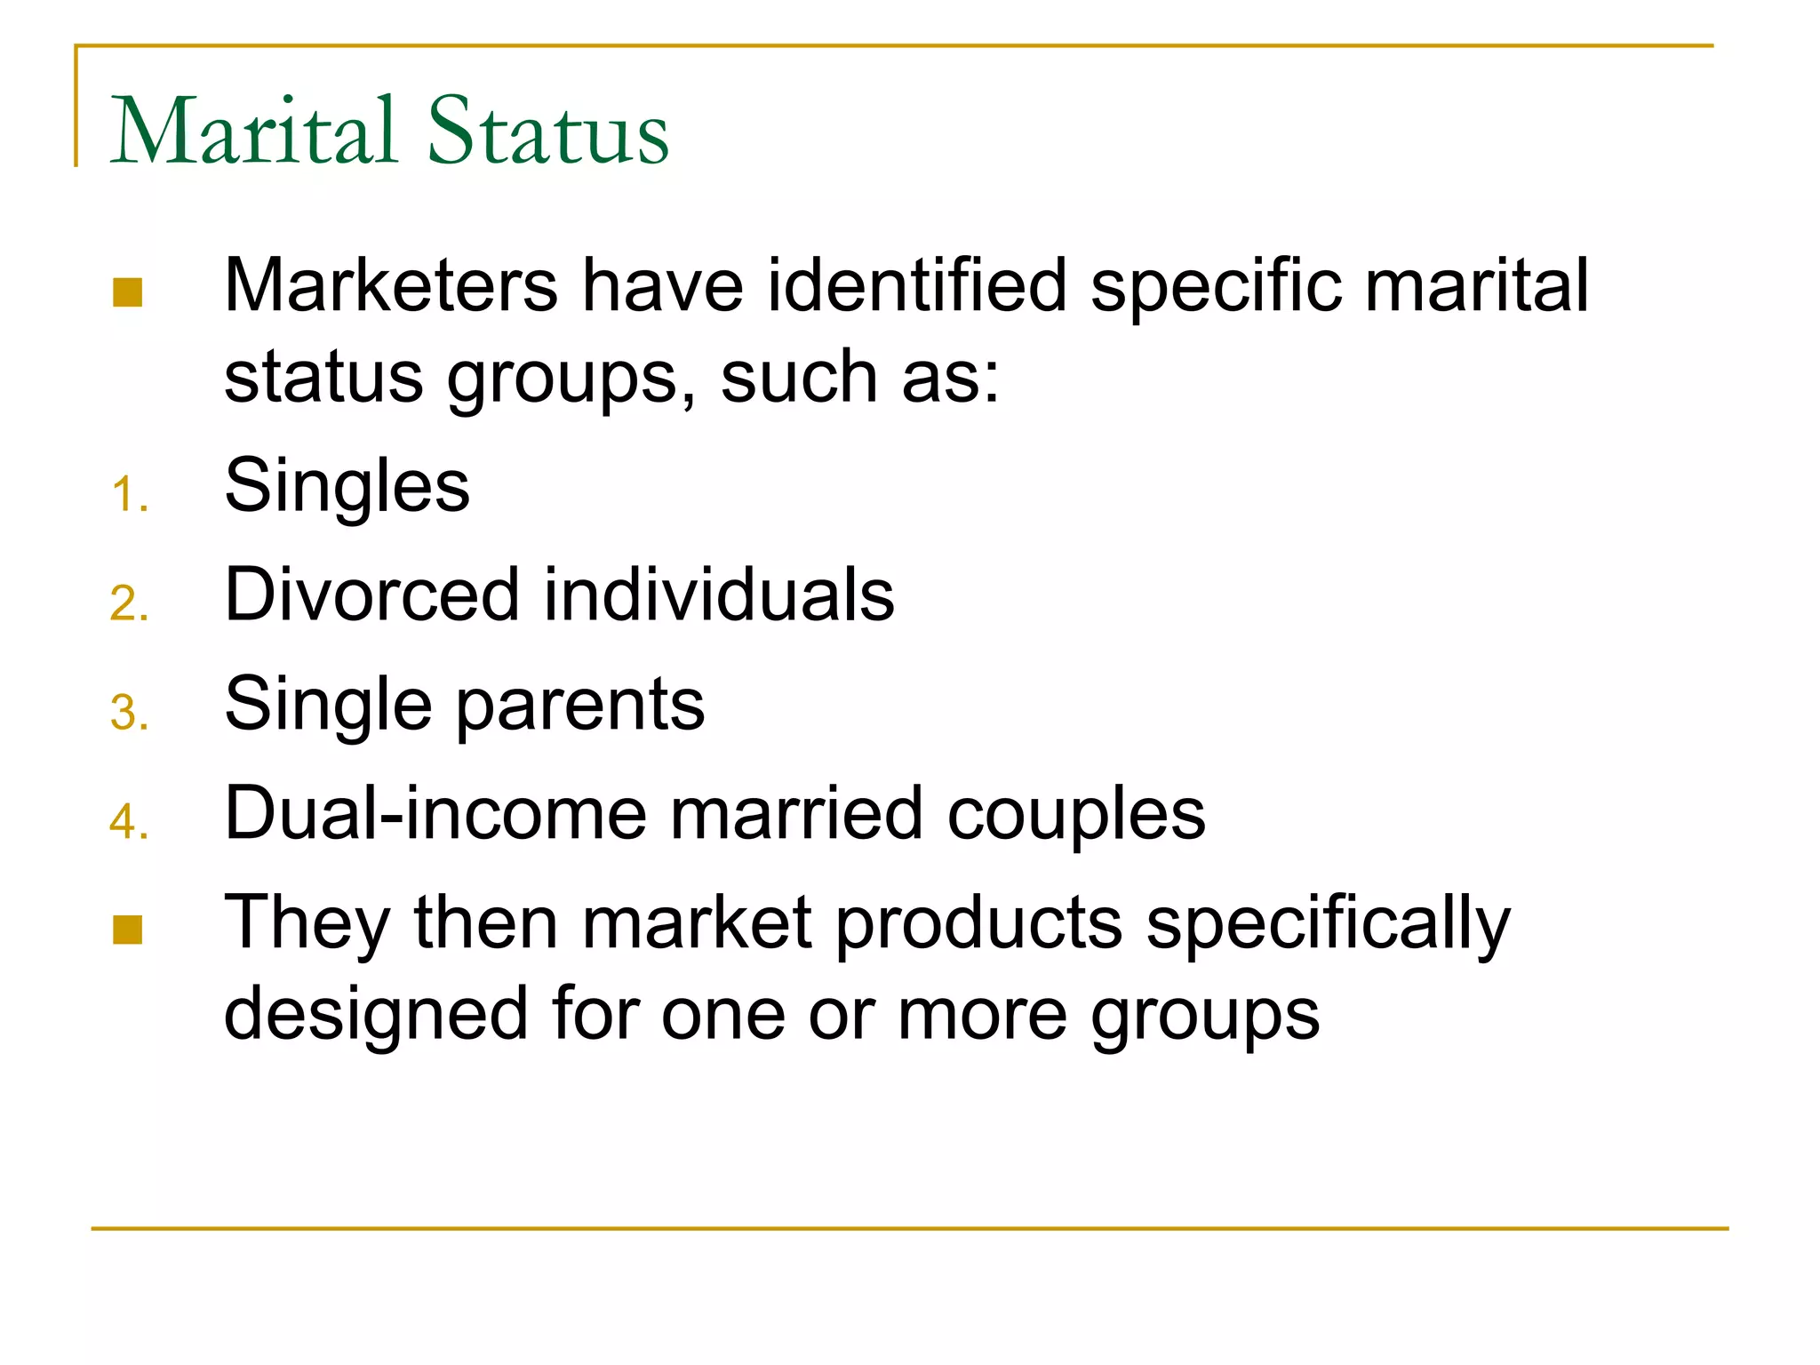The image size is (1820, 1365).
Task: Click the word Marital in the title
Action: [253, 131]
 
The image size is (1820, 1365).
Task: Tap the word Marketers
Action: [391, 285]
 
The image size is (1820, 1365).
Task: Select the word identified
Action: [916, 285]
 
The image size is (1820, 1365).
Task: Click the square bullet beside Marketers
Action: [128, 292]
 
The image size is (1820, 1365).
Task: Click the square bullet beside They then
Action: [128, 930]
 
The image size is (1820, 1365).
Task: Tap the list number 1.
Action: [128, 495]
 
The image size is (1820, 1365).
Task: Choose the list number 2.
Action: [128, 604]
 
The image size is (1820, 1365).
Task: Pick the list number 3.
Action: [128, 714]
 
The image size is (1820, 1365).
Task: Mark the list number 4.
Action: [128, 822]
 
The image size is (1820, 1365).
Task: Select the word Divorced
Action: [372, 594]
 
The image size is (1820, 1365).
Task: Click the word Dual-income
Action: [435, 813]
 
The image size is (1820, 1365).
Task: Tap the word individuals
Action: [719, 594]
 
